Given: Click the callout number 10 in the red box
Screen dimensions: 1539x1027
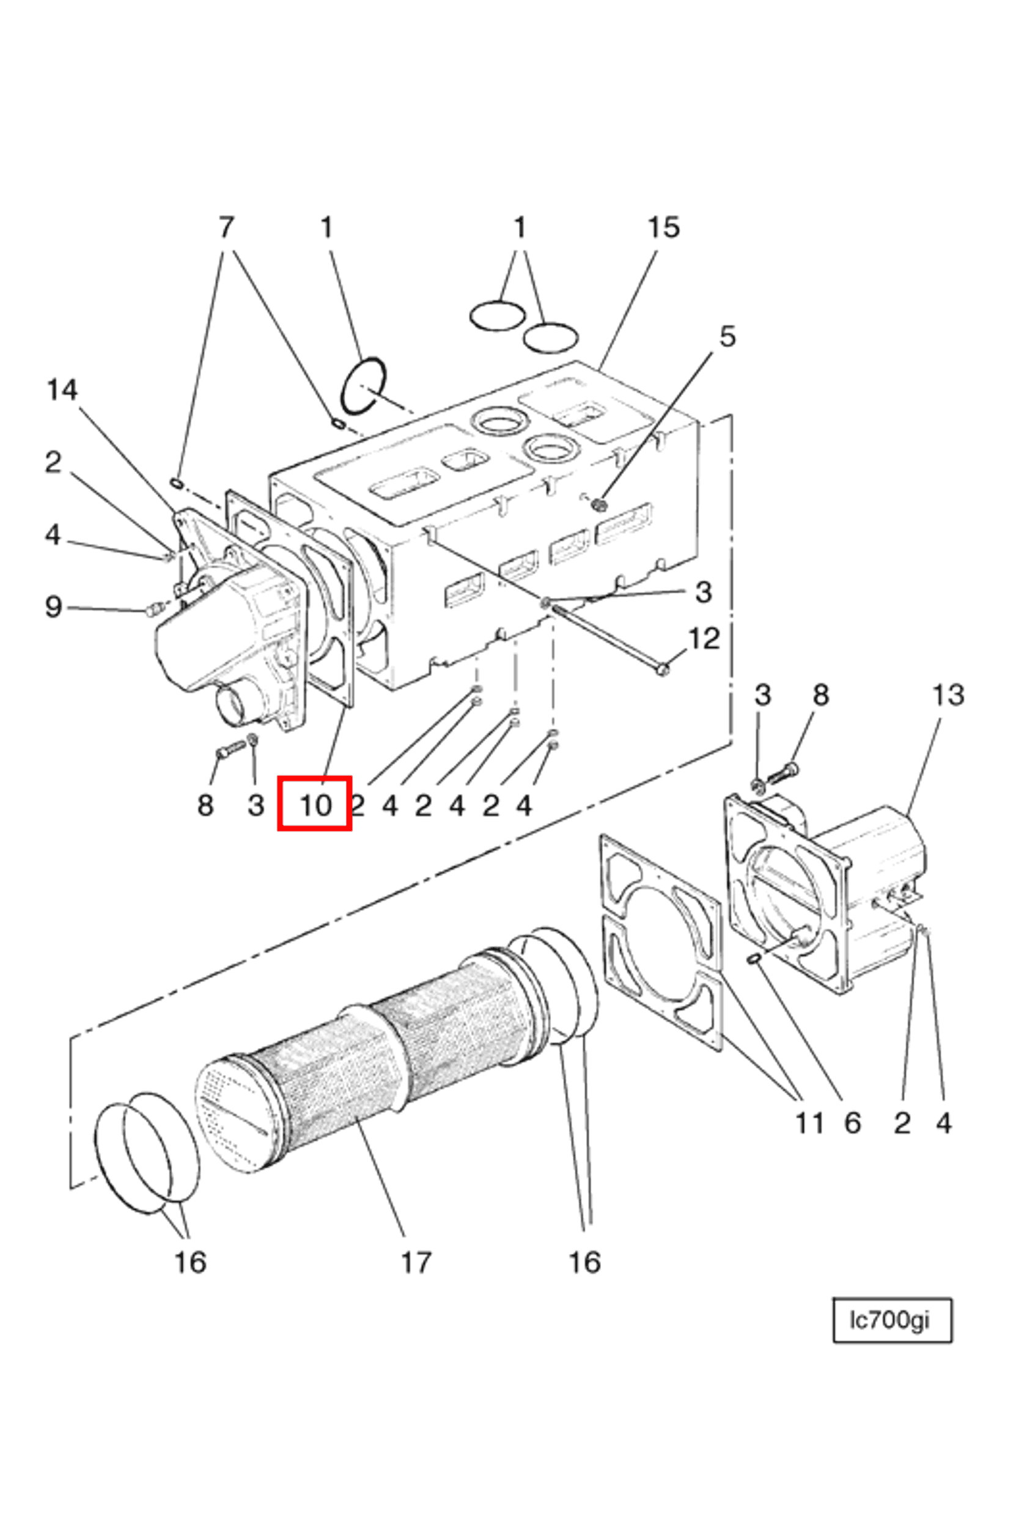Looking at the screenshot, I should tap(315, 805).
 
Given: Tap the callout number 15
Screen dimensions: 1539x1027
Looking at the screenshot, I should tap(663, 227).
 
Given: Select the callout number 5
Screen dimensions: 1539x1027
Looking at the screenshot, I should tap(727, 336).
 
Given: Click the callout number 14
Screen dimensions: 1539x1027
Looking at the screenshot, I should tap(62, 391).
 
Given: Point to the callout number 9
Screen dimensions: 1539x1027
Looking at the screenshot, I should tap(54, 607).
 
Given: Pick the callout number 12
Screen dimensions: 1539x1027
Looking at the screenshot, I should tap(704, 638).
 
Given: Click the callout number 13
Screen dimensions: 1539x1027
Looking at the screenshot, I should tap(948, 695).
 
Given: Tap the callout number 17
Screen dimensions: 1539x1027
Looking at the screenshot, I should tap(416, 1263).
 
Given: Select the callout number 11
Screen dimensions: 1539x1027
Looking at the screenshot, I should tap(809, 1123).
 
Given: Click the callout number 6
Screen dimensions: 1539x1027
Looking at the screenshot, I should tap(852, 1123).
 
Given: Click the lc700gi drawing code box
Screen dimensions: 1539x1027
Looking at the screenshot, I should tap(891, 1319).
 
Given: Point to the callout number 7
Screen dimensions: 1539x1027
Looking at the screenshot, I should tap(226, 227).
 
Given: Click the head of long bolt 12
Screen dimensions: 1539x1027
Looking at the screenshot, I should tap(662, 669).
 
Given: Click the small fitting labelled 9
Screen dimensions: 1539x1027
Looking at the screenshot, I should tap(155, 611).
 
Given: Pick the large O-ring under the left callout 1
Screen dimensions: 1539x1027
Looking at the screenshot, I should tap(364, 386).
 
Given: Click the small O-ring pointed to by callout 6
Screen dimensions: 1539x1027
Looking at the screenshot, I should tap(753, 959).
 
